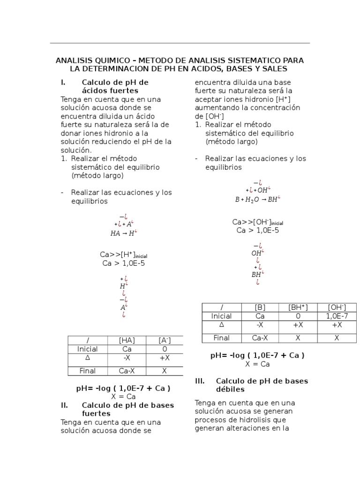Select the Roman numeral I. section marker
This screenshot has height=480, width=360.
[x=63, y=82]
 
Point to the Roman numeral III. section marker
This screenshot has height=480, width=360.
[x=200, y=381]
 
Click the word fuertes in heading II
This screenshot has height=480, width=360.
[x=96, y=413]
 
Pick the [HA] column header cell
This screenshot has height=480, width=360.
[x=127, y=340]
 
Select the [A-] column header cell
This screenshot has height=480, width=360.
[x=165, y=340]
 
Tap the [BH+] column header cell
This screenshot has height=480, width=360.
[x=298, y=307]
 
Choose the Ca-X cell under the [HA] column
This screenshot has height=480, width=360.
[x=127, y=371]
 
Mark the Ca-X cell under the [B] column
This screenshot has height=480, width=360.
[x=260, y=337]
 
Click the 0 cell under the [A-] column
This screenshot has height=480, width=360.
[x=165, y=349]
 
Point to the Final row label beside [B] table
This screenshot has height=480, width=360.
[x=221, y=337]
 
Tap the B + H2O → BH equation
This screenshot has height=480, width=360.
[x=257, y=199]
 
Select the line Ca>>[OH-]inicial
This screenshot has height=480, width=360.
[x=257, y=222]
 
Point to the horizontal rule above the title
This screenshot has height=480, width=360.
[x=180, y=43]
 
